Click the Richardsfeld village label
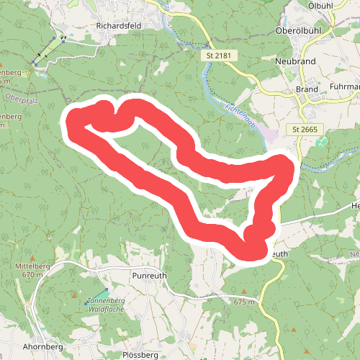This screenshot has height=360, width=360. pos(119,27)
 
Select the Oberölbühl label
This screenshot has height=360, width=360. pos(298,31)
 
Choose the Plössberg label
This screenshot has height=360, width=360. pos(140,355)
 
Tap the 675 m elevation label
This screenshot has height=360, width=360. pos(244,302)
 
